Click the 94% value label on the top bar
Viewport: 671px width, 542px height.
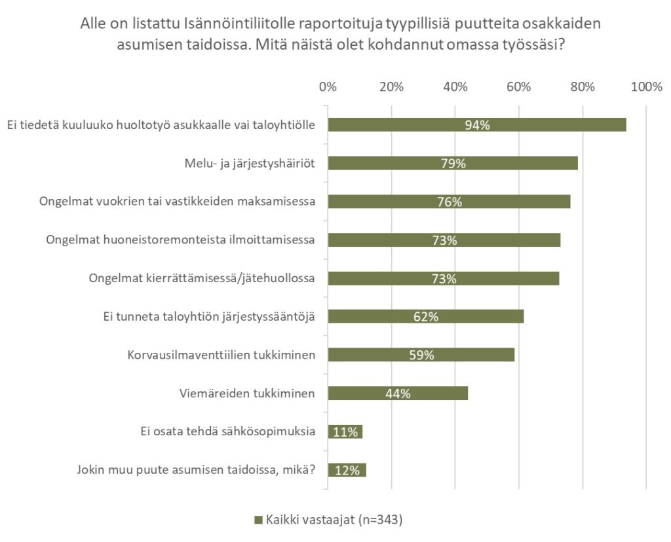(x=477, y=125)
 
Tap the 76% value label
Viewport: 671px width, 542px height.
(x=450, y=202)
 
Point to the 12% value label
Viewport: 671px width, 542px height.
(x=347, y=470)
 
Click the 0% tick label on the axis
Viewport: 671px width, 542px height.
(x=328, y=87)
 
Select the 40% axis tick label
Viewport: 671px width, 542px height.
(x=455, y=87)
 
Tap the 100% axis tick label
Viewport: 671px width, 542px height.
(x=647, y=87)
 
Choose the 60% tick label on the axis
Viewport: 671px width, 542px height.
(x=519, y=87)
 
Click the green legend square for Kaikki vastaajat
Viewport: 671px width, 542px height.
(x=258, y=520)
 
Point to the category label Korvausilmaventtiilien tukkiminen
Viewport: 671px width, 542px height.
(x=221, y=355)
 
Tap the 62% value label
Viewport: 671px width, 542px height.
(x=426, y=317)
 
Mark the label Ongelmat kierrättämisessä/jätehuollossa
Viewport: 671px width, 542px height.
(x=202, y=278)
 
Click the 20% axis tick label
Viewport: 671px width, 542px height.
(x=391, y=87)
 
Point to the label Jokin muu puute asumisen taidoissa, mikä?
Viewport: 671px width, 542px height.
(x=196, y=470)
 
